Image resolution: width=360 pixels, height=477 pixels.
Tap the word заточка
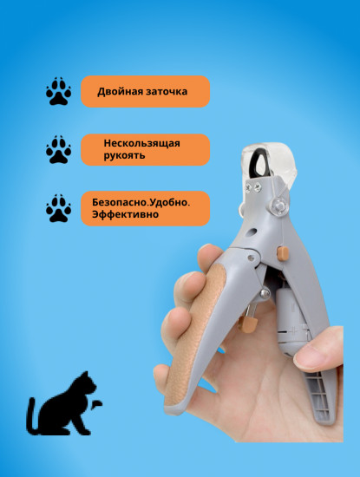167,92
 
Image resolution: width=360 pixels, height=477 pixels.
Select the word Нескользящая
141,143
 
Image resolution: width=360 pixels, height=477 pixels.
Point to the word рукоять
124,155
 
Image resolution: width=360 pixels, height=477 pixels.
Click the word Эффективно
125,214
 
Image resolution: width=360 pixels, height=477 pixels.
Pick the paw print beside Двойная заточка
58,91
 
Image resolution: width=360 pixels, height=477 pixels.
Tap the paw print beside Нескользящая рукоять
58,150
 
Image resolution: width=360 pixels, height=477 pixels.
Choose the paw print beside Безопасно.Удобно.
58,208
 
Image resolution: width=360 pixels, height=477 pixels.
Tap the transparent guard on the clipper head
269,161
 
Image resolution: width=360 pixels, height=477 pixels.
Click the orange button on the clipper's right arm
283,254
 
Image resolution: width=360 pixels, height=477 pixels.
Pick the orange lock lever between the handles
248,323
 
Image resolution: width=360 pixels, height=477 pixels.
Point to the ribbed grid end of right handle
319,395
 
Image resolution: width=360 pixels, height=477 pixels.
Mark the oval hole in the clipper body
251,232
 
